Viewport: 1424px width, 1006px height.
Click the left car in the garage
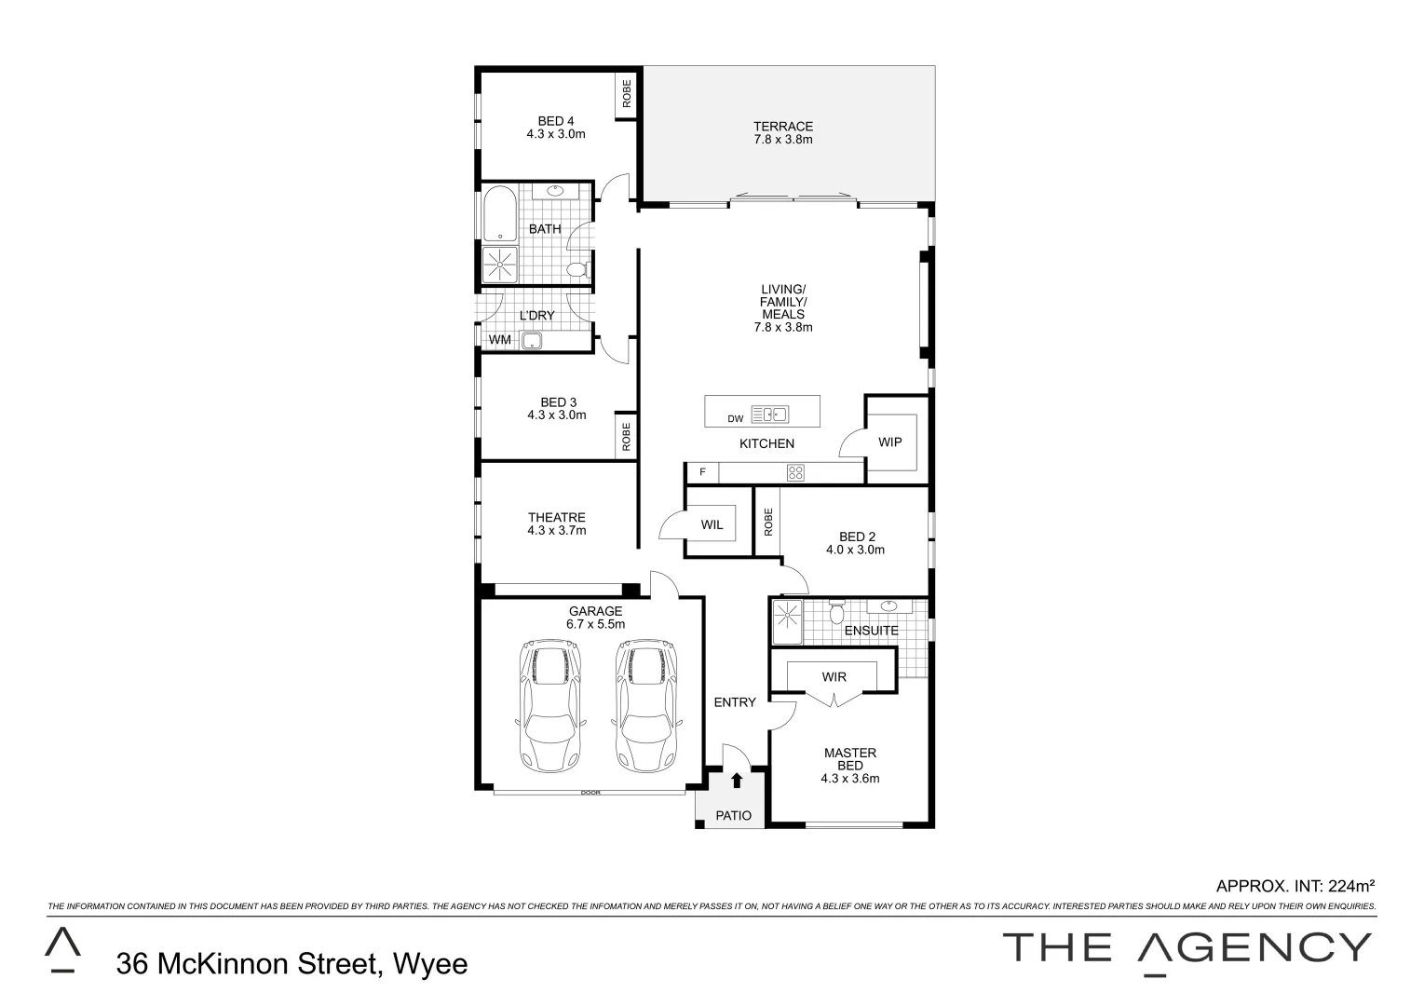[x=549, y=705]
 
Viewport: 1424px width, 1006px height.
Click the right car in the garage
[x=645, y=705]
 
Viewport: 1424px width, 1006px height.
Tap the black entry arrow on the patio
[x=737, y=781]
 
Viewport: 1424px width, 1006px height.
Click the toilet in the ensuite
[x=836, y=613]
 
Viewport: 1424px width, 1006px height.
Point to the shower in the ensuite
[x=787, y=622]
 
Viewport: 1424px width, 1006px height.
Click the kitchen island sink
[x=770, y=415]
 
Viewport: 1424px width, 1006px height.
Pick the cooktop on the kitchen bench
[x=795, y=472]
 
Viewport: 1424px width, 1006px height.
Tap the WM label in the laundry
[x=500, y=340]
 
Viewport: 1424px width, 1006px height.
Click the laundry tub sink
[x=532, y=341]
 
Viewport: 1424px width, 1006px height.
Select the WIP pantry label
[x=890, y=442]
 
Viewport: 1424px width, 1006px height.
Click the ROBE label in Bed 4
[x=627, y=94]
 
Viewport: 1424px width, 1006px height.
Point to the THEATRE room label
[x=557, y=518]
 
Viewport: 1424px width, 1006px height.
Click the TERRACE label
[x=783, y=127]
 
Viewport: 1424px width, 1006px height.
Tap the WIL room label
[x=712, y=524]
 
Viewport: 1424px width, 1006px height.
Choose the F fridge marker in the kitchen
[x=703, y=472]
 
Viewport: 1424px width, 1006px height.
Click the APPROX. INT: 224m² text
[x=1295, y=886]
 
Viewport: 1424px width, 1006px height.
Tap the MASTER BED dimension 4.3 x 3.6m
[x=849, y=779]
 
